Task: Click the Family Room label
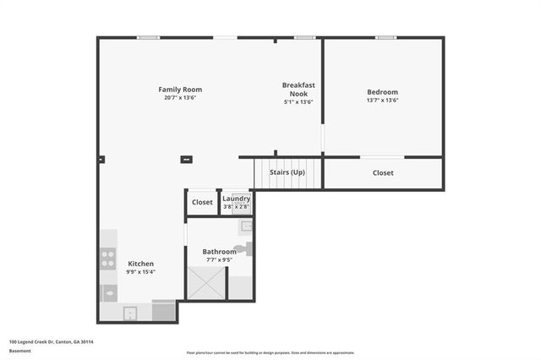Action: click(180, 90)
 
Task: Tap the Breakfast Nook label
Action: click(298, 89)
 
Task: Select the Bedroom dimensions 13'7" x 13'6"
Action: click(382, 101)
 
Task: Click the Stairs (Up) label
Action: click(287, 172)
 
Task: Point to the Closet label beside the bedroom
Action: click(383, 173)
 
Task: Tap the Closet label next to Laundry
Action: click(202, 203)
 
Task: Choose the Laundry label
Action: click(237, 199)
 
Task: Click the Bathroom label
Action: click(219, 251)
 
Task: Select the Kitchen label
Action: click(140, 264)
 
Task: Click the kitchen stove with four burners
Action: click(108, 259)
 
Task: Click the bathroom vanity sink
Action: click(245, 226)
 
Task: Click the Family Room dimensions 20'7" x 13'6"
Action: click(180, 98)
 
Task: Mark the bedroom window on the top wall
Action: click(385, 37)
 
